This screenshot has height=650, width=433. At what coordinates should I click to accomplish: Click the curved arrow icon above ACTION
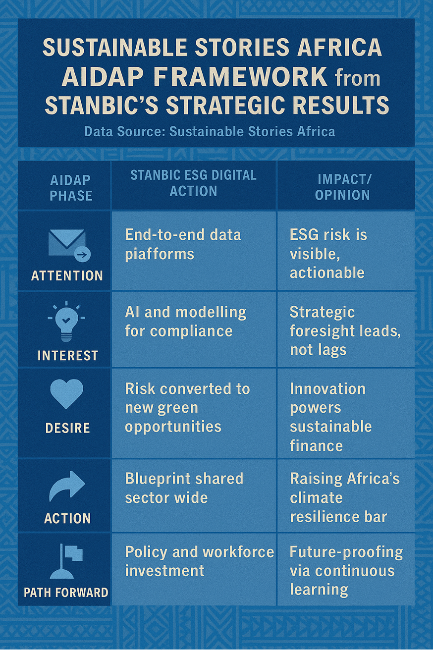click(67, 487)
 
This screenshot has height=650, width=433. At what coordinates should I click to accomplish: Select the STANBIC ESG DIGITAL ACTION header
click(193, 183)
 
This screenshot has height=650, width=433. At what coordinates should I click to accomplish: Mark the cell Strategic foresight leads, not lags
click(345, 330)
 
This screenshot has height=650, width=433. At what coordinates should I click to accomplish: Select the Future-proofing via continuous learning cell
click(346, 571)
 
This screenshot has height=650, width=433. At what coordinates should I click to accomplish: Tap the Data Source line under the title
click(210, 132)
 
